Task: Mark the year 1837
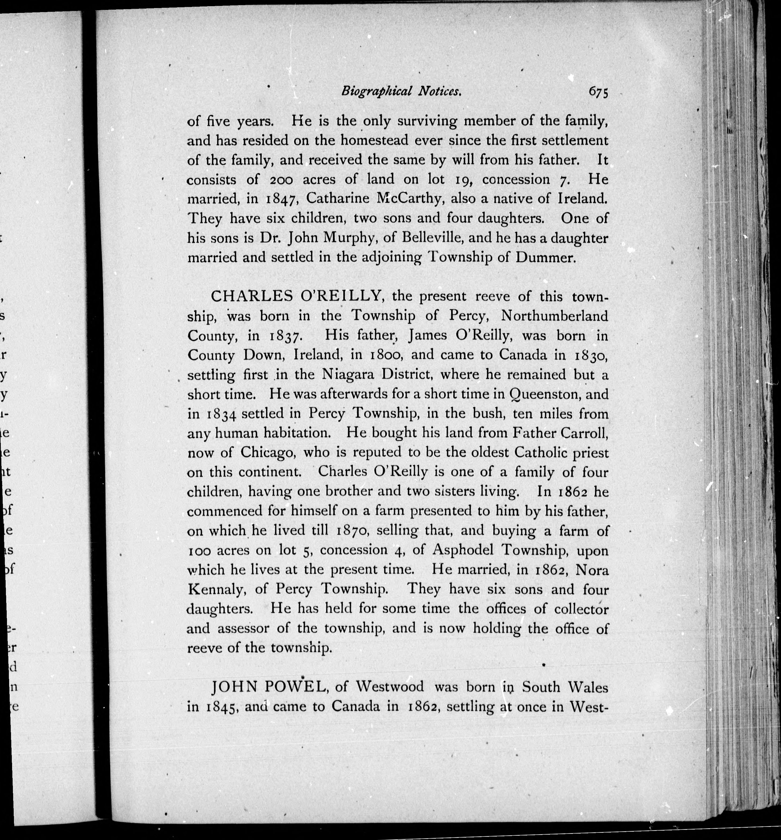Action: point(286,336)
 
